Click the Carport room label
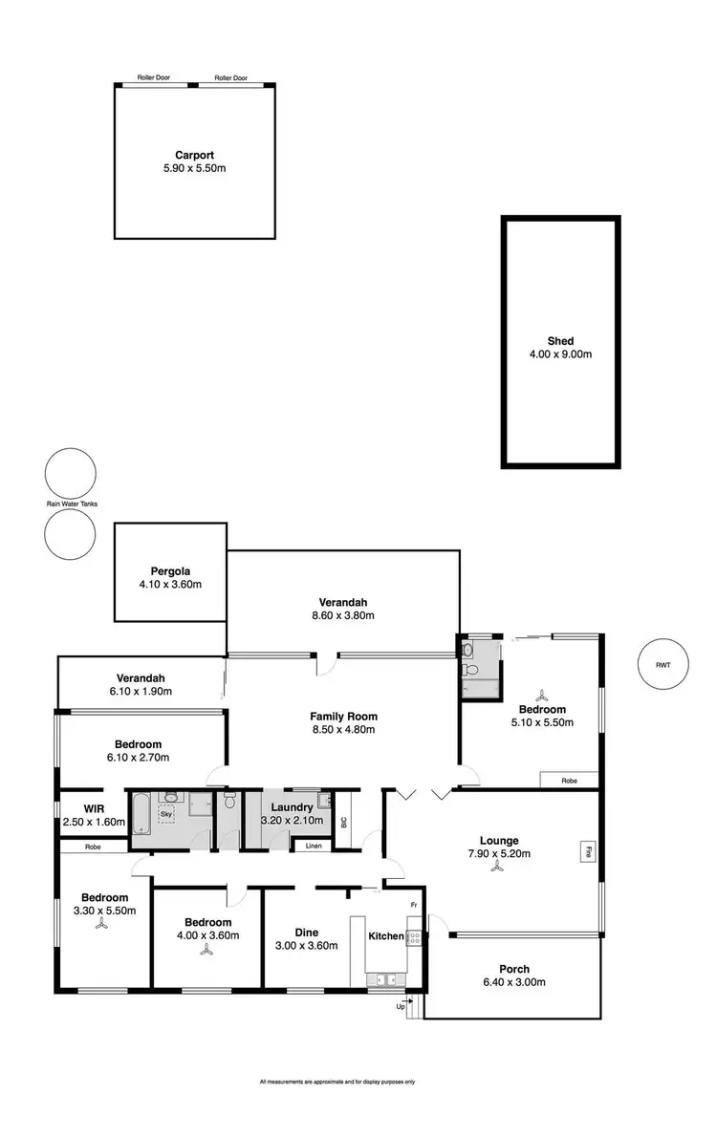(x=194, y=155)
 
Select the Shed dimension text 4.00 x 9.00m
(x=560, y=354)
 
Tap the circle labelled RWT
(x=663, y=663)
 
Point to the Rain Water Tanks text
(x=72, y=504)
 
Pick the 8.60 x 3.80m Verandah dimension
(x=343, y=615)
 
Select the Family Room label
(x=343, y=716)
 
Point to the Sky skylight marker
(x=166, y=814)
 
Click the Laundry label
(x=292, y=807)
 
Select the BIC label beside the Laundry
(x=343, y=823)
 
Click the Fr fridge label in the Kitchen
(x=414, y=904)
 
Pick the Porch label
(x=513, y=969)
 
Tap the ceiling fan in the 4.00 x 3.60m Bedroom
(x=207, y=950)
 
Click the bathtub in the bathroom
(x=141, y=820)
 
